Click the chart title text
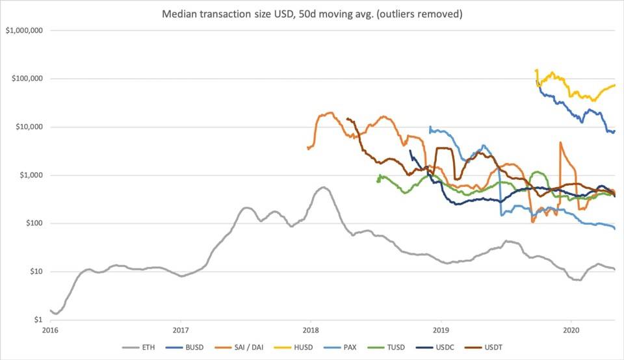pos(311,14)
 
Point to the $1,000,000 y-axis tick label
pos(23,31)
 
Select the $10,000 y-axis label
pos(28,127)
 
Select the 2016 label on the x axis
pos(49,330)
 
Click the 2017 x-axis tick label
pos(181,330)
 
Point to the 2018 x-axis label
pos(311,330)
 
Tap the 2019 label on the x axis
pos(441,330)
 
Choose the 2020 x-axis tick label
pos(571,330)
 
